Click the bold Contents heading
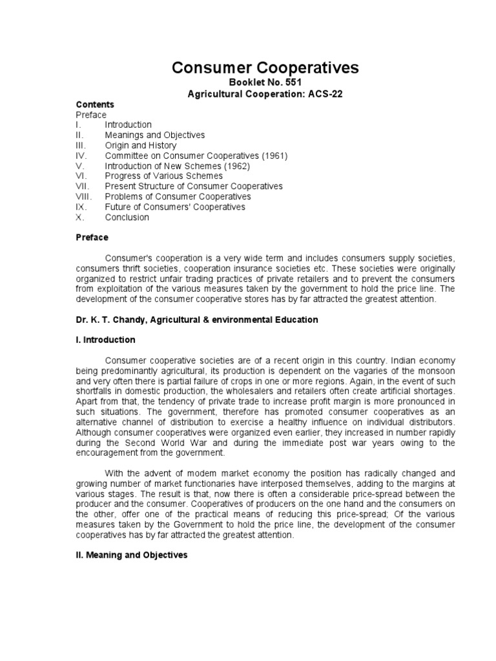click(x=95, y=105)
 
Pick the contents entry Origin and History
click(x=140, y=145)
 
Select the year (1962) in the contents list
click(x=236, y=166)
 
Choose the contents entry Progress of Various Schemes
click(x=164, y=176)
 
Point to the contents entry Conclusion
click(x=127, y=218)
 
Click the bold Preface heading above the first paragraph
click(x=92, y=238)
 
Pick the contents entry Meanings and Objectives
click(x=155, y=135)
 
